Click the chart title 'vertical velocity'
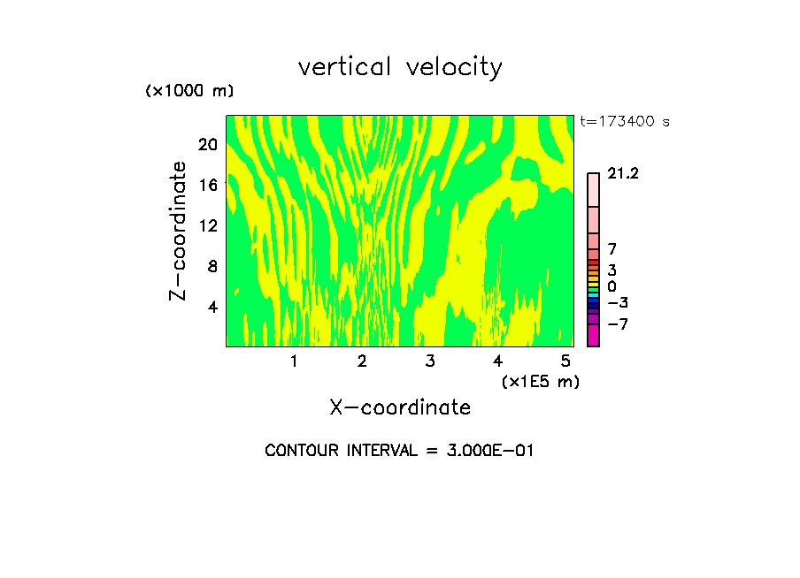[x=400, y=67]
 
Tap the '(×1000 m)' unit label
[x=189, y=92]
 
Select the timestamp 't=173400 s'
[x=625, y=121]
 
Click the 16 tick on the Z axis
[x=208, y=185]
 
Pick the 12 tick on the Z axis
[x=208, y=225]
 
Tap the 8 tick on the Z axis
[x=212, y=266]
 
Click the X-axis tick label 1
[x=294, y=361]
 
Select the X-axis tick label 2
[x=362, y=361]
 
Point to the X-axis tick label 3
[x=430, y=361]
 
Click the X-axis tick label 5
[x=565, y=361]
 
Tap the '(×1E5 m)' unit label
[x=540, y=381]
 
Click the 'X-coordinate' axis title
[x=400, y=407]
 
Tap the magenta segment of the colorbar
[x=593, y=336]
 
